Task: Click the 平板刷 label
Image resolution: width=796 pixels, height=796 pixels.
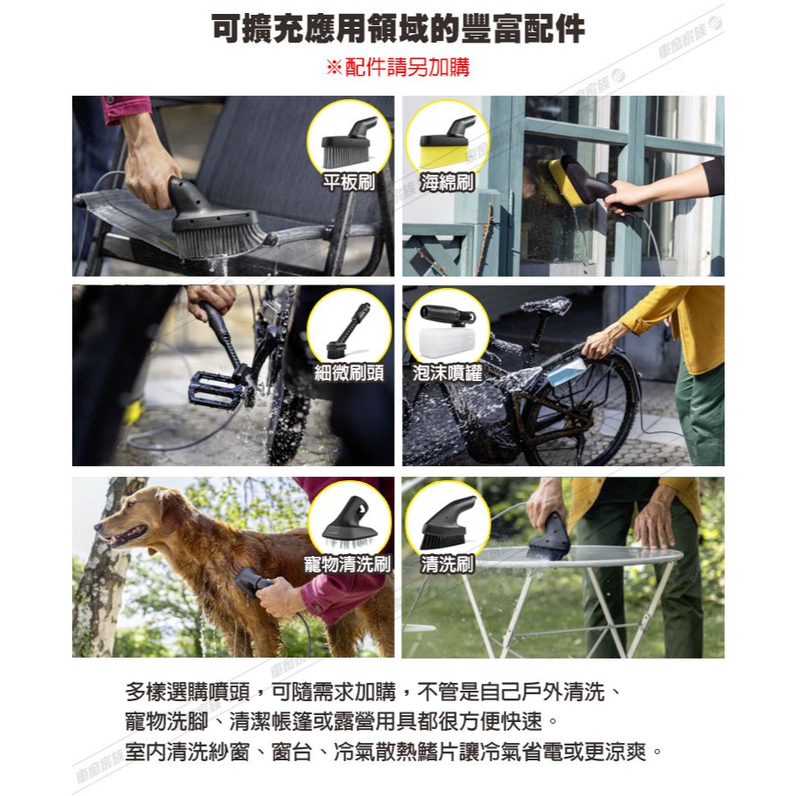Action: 349,182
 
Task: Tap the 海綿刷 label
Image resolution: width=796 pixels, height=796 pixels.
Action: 447,182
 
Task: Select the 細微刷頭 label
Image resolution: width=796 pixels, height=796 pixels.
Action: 349,372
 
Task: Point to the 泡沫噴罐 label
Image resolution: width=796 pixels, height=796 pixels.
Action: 447,372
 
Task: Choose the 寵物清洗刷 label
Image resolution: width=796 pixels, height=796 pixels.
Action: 348,564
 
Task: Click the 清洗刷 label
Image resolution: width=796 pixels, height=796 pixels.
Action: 447,564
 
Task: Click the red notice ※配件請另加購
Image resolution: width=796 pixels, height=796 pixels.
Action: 398,67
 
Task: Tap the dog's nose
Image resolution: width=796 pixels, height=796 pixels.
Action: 97,525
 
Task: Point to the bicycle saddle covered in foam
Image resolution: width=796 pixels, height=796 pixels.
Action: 545,306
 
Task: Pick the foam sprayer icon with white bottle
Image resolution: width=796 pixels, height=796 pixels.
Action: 447,329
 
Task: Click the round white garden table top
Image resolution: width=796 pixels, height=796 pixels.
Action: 579,554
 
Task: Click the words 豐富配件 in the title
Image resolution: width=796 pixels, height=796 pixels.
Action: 523,30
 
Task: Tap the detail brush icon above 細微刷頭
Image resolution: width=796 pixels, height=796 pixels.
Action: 349,330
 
